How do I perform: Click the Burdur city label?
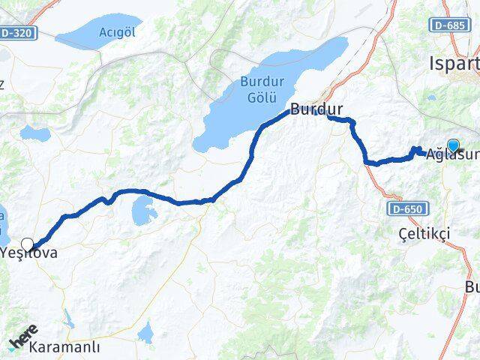tap(316, 109)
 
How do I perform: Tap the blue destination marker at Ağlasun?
tap(453, 145)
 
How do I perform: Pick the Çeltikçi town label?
tap(424, 234)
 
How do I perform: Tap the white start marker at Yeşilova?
tap(28, 244)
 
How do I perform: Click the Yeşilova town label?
tap(30, 253)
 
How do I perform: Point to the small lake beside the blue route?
tap(142, 212)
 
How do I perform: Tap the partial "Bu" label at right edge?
tap(472, 287)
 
